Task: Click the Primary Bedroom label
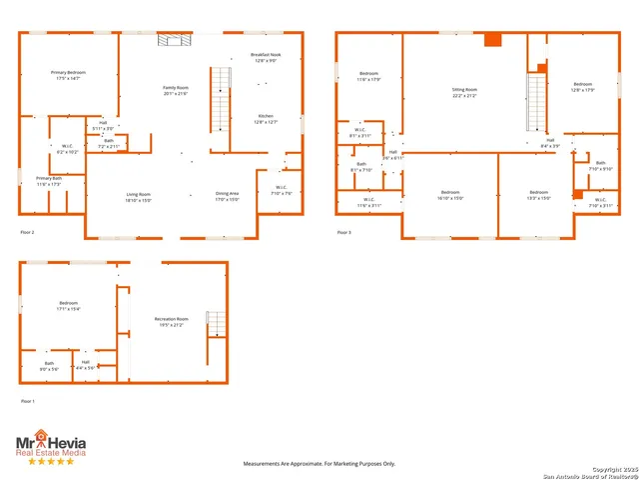click(x=68, y=75)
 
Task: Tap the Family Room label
click(x=176, y=91)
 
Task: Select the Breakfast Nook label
click(x=265, y=58)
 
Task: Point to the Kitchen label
click(x=265, y=118)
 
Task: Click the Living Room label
click(x=138, y=197)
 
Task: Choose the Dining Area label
click(x=228, y=197)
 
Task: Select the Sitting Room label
click(x=465, y=92)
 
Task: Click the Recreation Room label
click(x=171, y=322)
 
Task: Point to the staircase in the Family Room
click(x=220, y=100)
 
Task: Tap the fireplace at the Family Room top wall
click(x=172, y=39)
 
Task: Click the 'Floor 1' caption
click(x=28, y=401)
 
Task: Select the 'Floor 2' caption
click(x=28, y=232)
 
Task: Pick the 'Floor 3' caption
click(x=343, y=232)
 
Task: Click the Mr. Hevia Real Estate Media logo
click(x=50, y=443)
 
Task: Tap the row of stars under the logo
click(x=50, y=461)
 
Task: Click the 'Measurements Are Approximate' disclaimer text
click(x=319, y=464)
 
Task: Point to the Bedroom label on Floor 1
click(x=68, y=305)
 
